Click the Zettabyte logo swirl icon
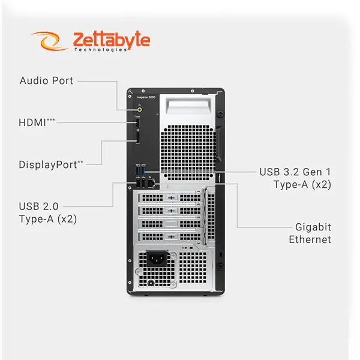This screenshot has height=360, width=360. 50,41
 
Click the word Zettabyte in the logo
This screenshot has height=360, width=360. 111,40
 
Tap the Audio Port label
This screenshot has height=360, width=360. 46,80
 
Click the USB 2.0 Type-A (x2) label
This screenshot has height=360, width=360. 47,212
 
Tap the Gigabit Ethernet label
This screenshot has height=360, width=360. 310,233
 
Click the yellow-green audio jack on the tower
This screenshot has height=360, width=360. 139,110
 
